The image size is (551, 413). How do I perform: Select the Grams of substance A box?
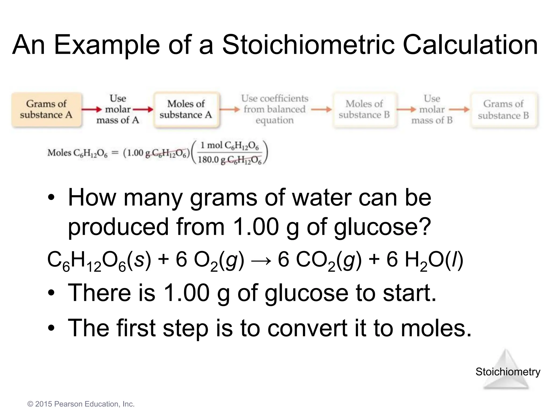[46, 109]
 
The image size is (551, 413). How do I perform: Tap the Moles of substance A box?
[186, 109]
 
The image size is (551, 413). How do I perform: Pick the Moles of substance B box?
[364, 109]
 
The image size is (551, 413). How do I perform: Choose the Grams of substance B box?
[503, 110]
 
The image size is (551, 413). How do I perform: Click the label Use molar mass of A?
[118, 109]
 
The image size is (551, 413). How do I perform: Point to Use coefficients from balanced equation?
[275, 109]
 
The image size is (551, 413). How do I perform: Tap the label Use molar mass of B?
[432, 109]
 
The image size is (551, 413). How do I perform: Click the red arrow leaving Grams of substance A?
[91, 109]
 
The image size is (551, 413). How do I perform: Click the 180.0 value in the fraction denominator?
[208, 160]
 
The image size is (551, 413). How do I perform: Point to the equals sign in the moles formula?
[115, 153]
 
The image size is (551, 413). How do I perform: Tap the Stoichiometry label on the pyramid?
[508, 372]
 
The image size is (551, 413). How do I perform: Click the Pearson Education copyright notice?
[81, 404]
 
